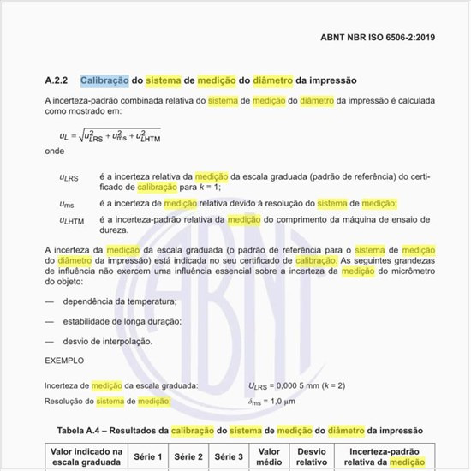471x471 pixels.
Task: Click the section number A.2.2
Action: click(x=57, y=80)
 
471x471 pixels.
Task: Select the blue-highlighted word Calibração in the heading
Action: click(x=104, y=80)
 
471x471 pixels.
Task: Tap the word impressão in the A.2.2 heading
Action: click(x=327, y=80)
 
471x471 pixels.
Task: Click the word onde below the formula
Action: click(x=54, y=152)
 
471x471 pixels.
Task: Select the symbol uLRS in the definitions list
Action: click(x=69, y=176)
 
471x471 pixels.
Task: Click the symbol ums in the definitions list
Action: click(x=66, y=204)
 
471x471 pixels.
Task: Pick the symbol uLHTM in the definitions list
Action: click(x=71, y=220)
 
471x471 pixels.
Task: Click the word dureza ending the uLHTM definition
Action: click(x=116, y=230)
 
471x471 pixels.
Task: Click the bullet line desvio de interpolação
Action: click(x=107, y=341)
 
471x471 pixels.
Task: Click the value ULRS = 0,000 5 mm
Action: click(x=296, y=386)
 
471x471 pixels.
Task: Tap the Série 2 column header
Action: click(x=188, y=457)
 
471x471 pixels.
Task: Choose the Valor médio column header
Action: click(x=269, y=457)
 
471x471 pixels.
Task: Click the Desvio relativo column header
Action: click(x=312, y=457)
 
